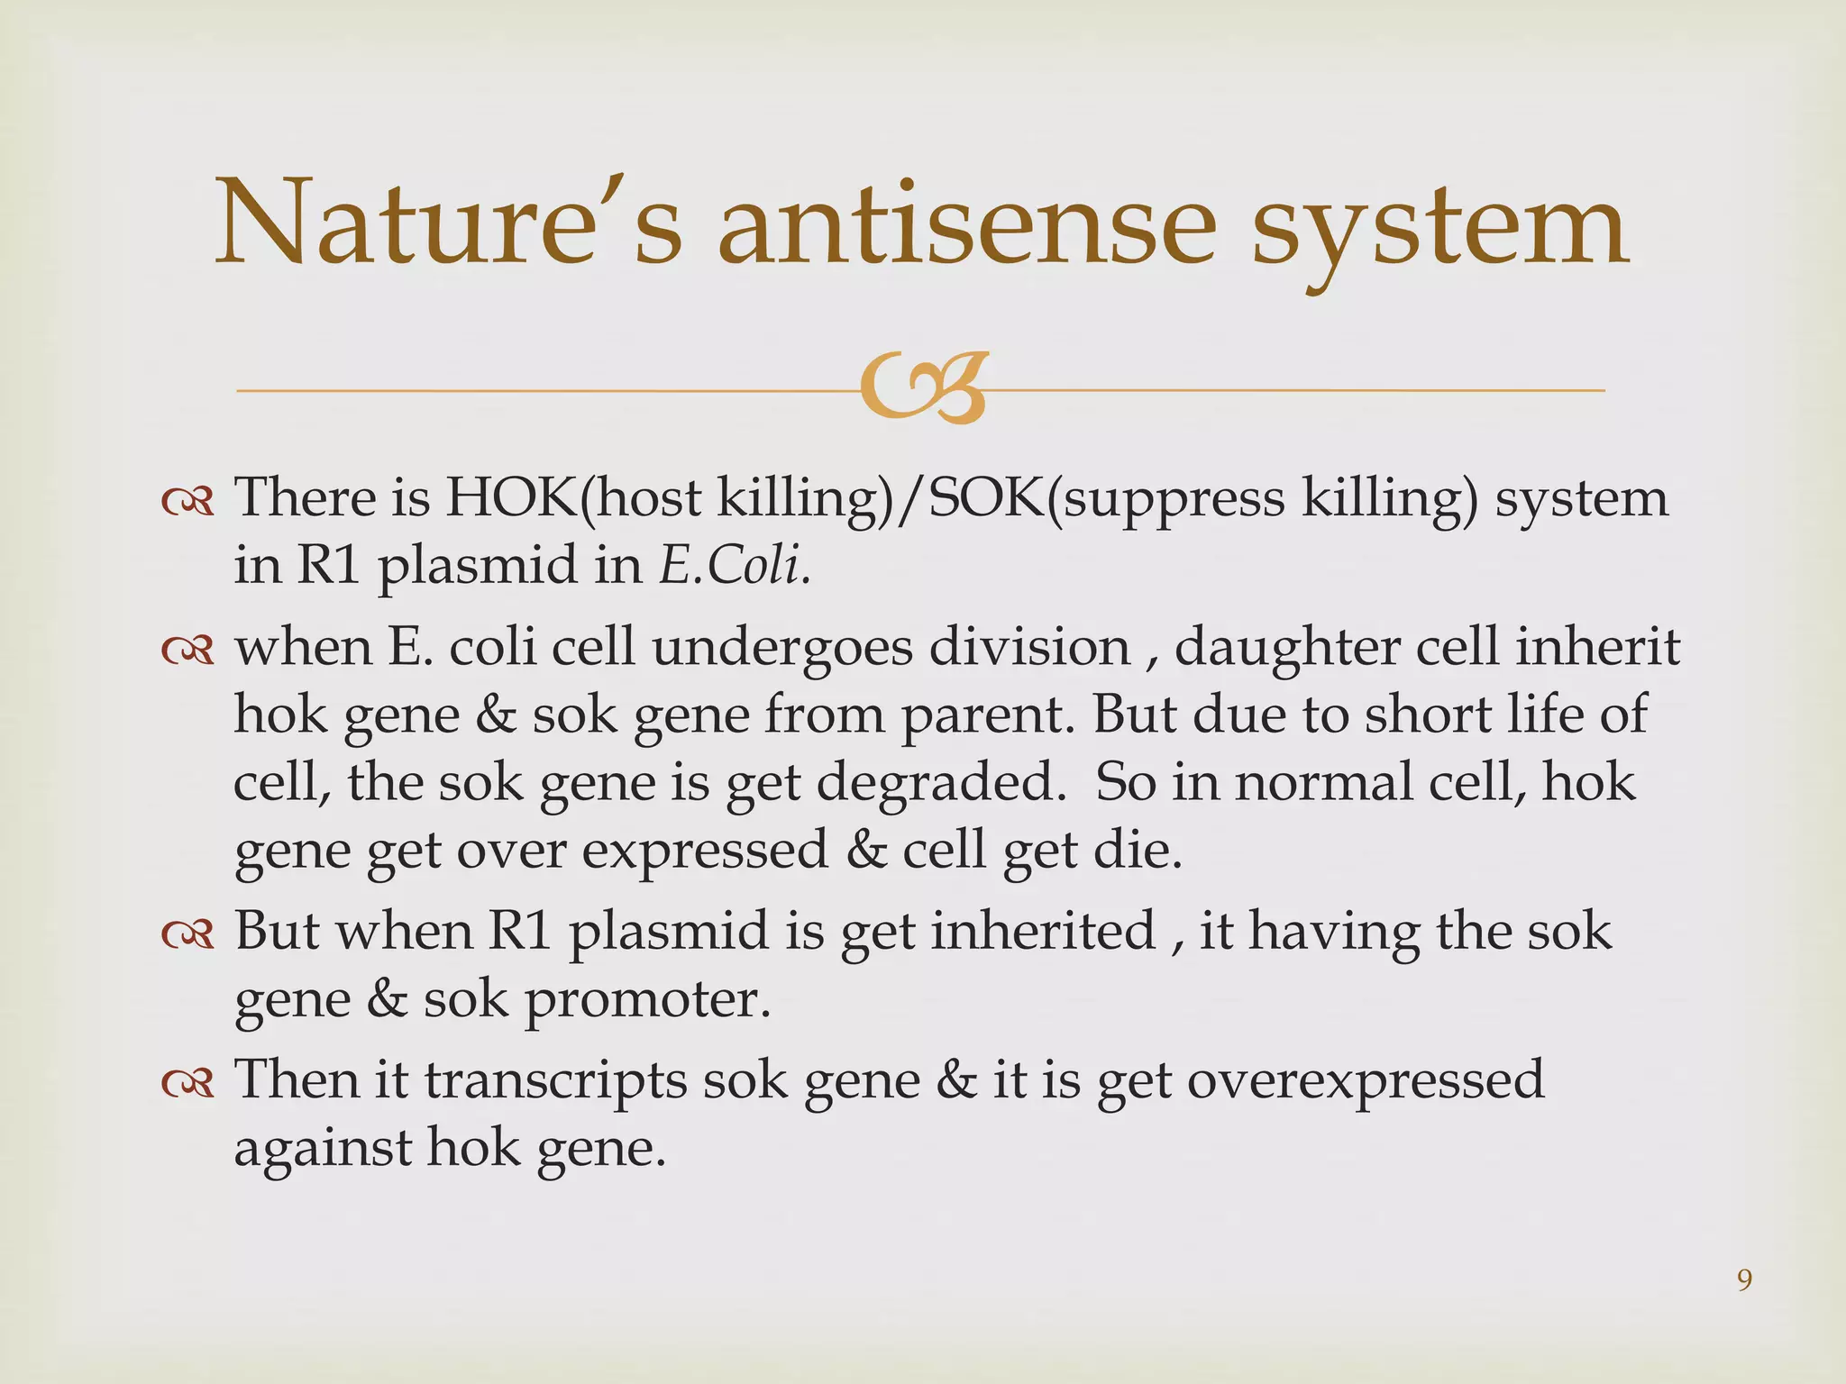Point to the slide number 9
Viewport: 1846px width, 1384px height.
point(1744,1280)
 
